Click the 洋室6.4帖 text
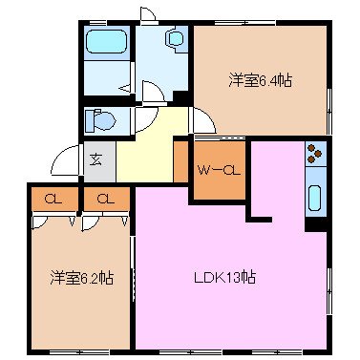(259, 81)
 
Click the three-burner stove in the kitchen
(316, 154)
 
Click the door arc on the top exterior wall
(148, 13)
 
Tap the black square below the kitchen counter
(313, 225)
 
